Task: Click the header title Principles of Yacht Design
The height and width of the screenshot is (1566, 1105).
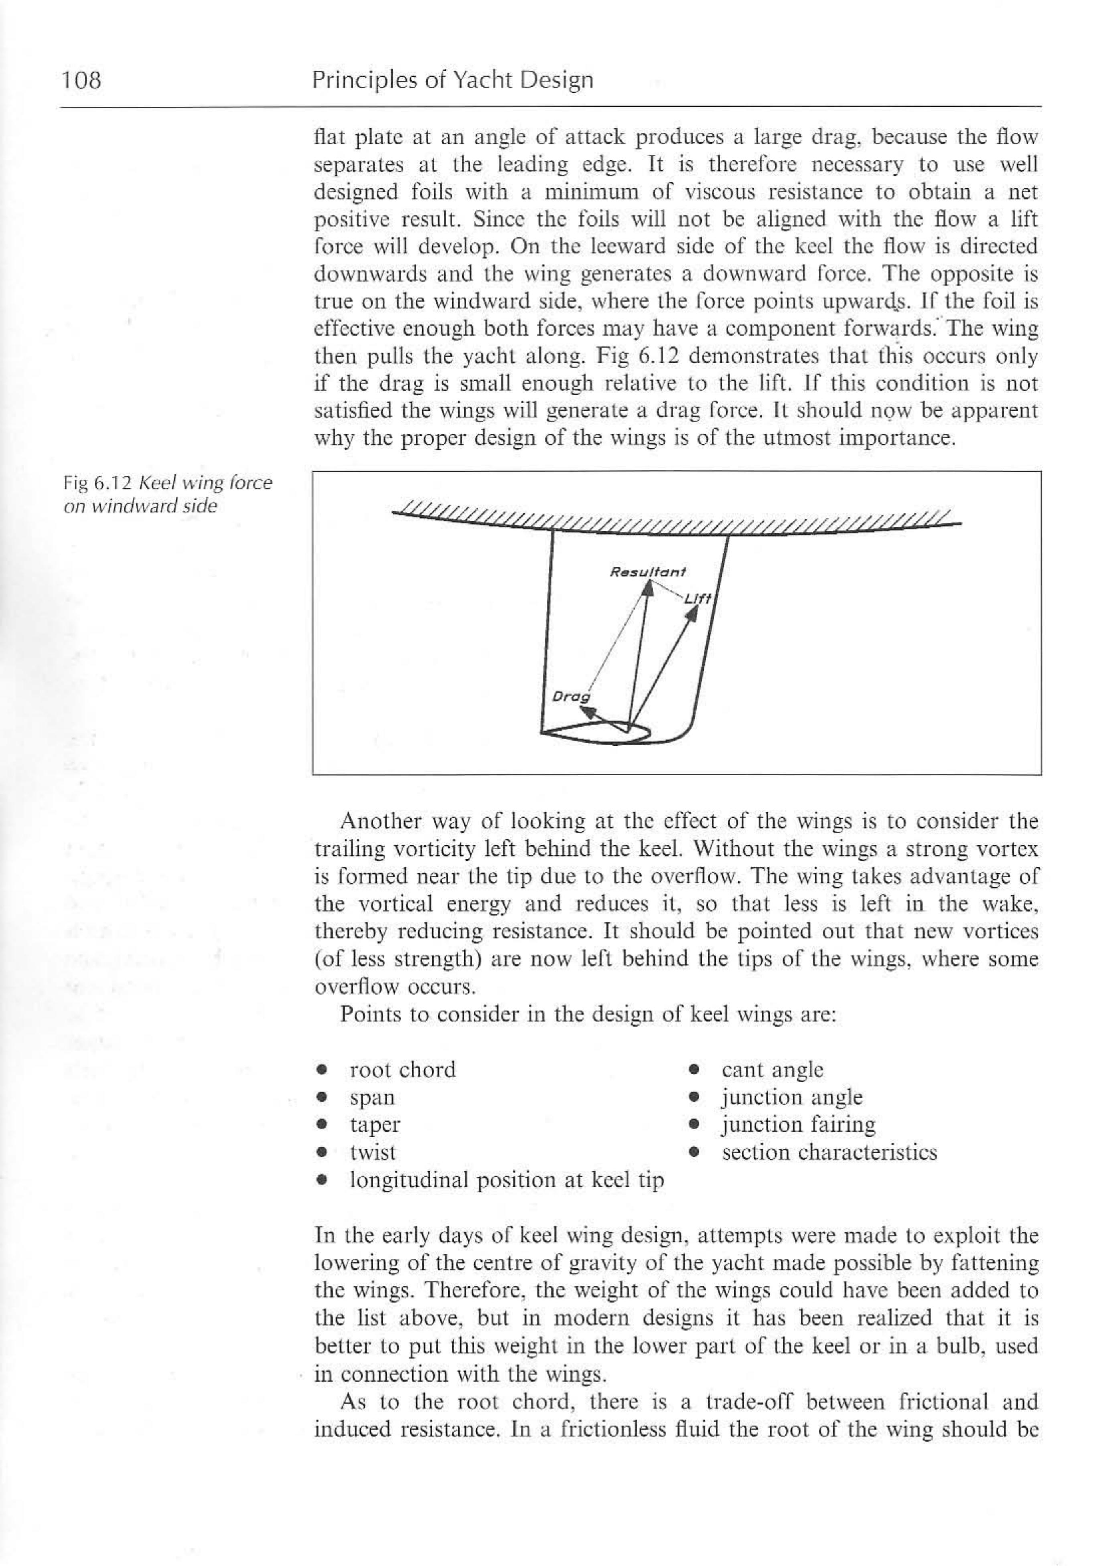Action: click(453, 81)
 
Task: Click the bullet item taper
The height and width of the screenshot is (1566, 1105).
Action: click(375, 1125)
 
